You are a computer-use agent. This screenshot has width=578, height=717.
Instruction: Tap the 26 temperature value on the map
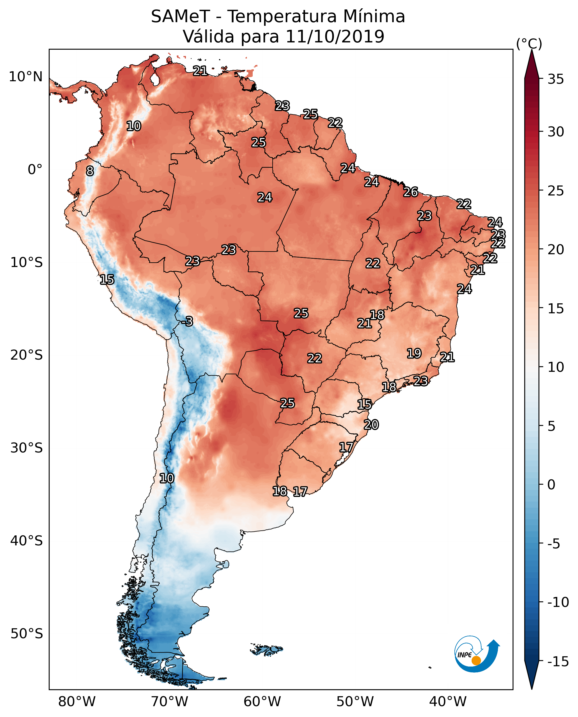tap(411, 192)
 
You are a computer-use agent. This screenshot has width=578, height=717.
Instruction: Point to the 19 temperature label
tap(414, 353)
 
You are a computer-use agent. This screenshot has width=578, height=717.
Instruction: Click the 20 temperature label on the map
tap(371, 424)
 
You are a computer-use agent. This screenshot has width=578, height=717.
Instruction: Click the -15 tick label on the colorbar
tap(558, 661)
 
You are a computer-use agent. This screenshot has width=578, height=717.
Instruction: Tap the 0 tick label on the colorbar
tap(552, 484)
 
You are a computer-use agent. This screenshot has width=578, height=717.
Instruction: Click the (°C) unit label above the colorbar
tap(529, 44)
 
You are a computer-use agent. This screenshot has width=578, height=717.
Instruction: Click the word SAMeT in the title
tap(180, 17)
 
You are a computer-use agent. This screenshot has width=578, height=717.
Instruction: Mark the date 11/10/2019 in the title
tap(335, 36)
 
